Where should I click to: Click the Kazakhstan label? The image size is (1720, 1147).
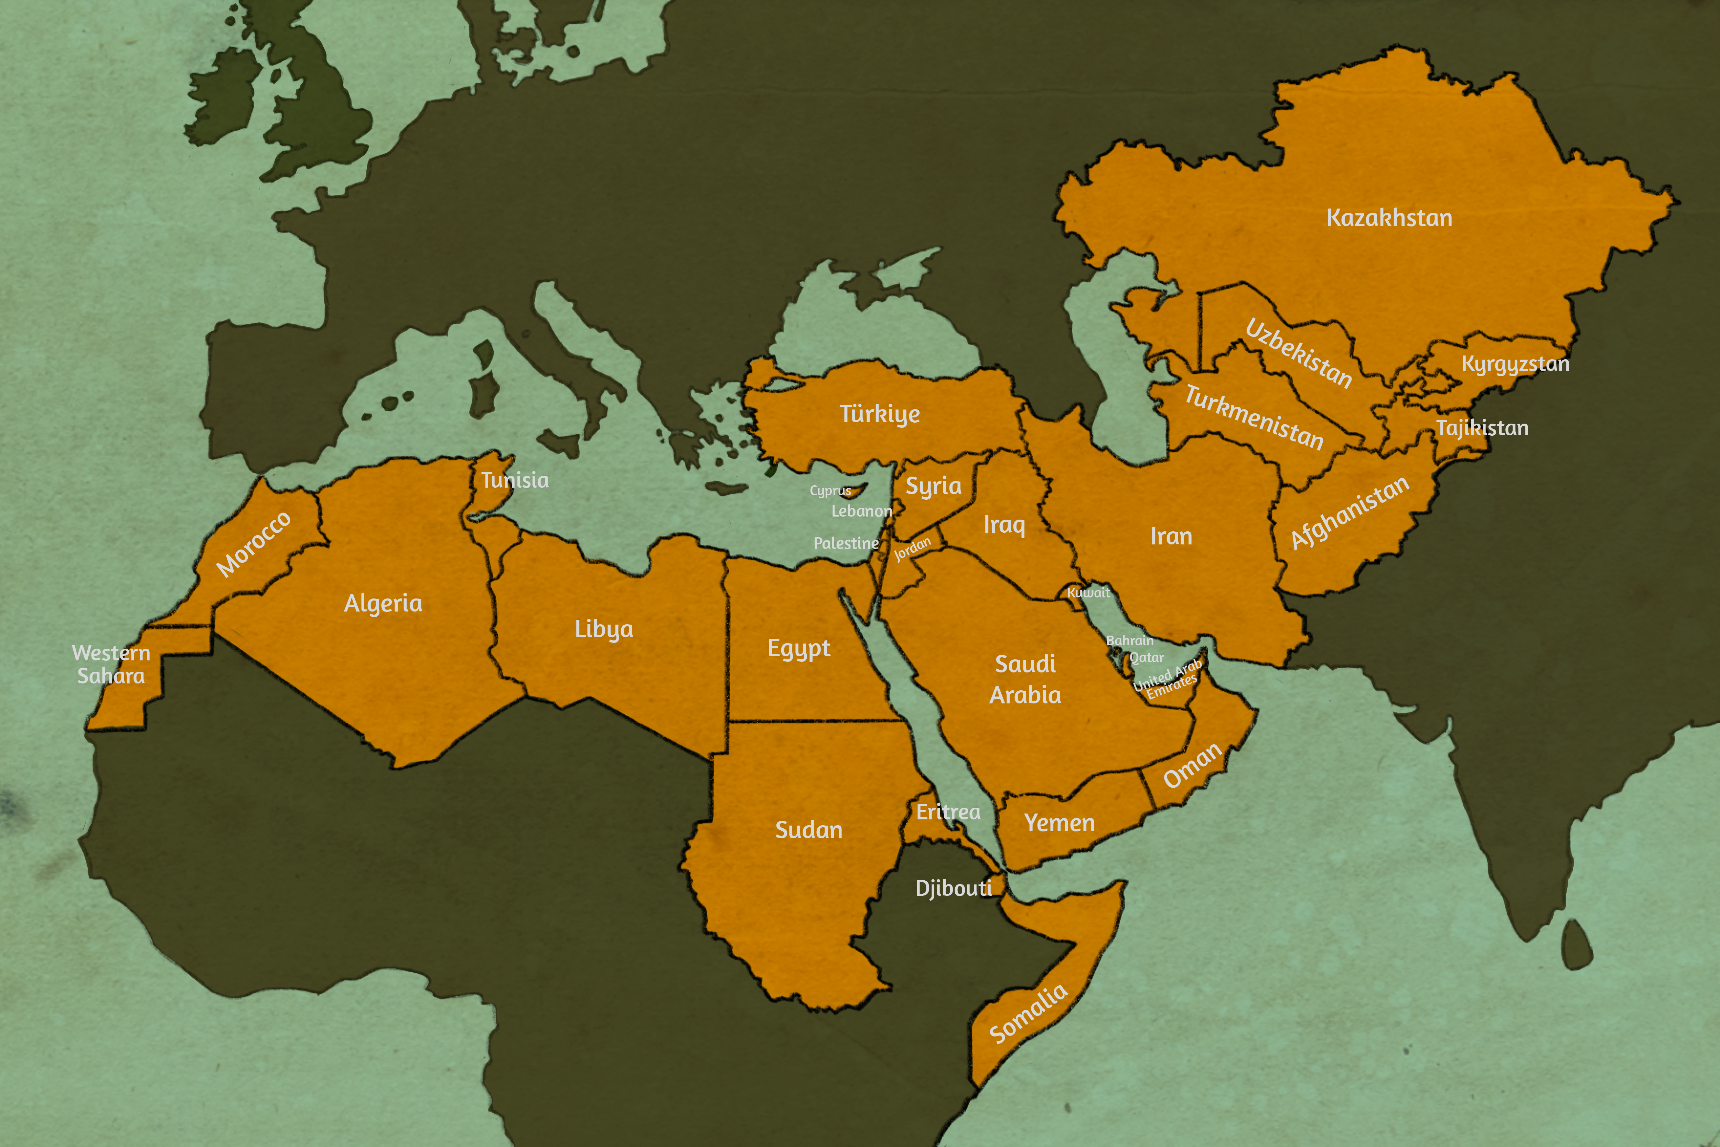click(x=1389, y=218)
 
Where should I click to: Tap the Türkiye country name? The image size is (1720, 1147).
click(x=880, y=414)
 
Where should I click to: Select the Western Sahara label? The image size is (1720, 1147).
click(x=111, y=664)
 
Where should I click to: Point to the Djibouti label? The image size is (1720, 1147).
click(x=954, y=888)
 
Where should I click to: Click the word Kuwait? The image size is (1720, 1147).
click(x=1088, y=593)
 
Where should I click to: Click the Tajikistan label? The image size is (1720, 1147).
click(x=1482, y=428)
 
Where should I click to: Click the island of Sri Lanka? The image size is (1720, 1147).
click(x=1577, y=944)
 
